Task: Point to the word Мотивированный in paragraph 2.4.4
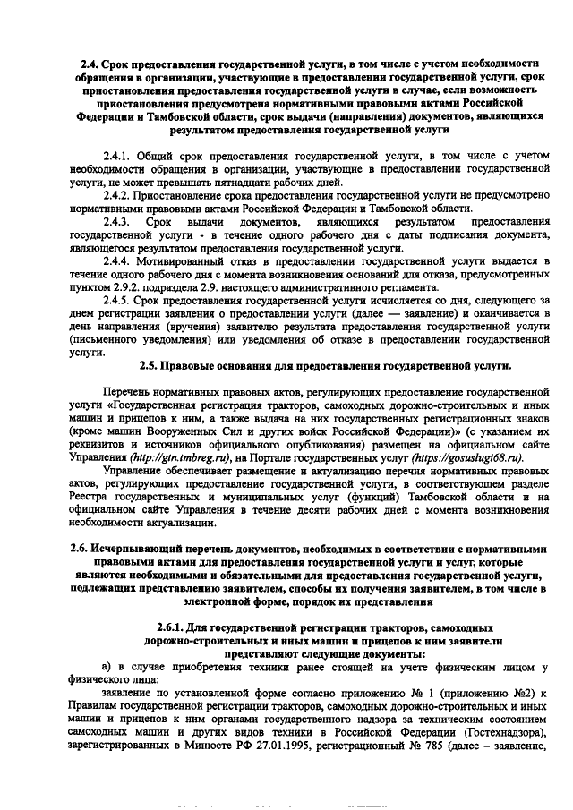pyautogui.click(x=181, y=260)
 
